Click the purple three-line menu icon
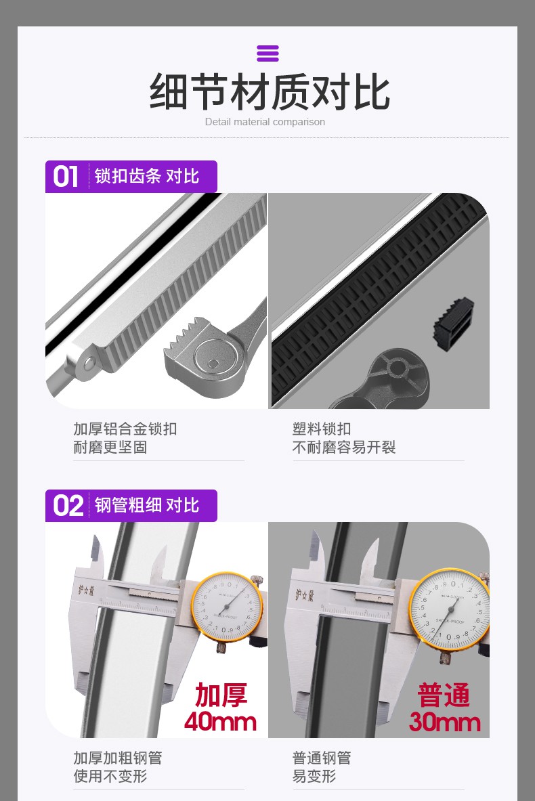pos(267,53)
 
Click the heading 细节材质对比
pos(270,92)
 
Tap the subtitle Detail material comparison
pos(265,122)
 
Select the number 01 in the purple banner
pos(66,177)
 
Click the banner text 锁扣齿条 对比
pos(147,176)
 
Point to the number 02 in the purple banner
pos(68,506)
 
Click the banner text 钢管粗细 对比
pos(147,505)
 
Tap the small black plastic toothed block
pos(453,324)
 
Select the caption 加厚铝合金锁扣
pos(125,429)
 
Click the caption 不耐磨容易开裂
pos(344,448)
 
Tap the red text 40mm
pos(220,722)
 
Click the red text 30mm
pos(444,722)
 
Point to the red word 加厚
pos(221,695)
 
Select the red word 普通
pos(444,695)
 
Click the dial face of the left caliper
pos(227,607)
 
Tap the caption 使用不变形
pos(110,777)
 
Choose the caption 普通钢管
pos(322,758)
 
